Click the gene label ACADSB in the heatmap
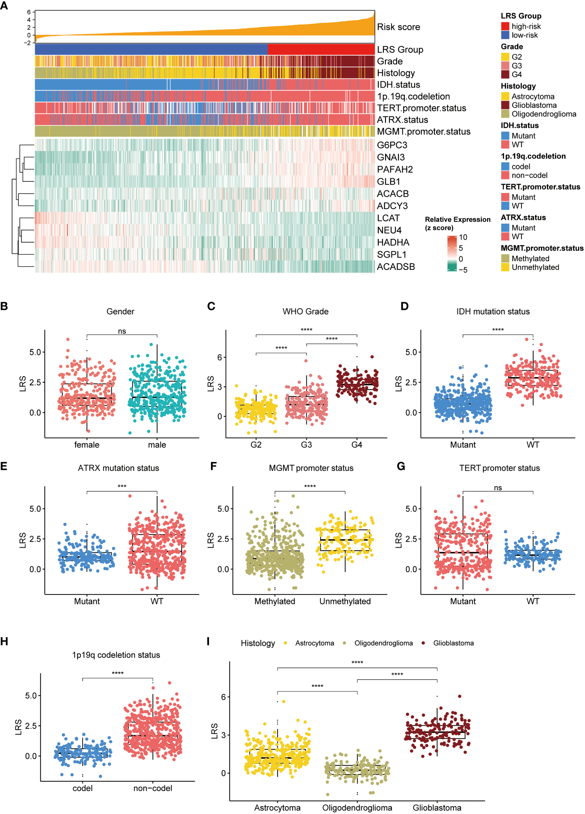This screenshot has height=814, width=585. click(x=395, y=267)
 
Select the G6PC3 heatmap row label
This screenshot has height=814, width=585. click(x=392, y=145)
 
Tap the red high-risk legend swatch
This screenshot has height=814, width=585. click(x=505, y=26)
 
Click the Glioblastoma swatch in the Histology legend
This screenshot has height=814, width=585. click(x=505, y=105)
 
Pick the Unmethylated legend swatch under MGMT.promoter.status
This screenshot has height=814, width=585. click(x=505, y=267)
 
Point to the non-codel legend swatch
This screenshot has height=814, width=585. click(x=505, y=176)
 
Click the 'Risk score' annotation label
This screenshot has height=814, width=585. click(x=398, y=27)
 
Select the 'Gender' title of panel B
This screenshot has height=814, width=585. click(x=120, y=311)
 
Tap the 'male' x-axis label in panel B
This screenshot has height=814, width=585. click(x=157, y=445)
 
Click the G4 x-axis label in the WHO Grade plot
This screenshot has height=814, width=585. click(x=357, y=445)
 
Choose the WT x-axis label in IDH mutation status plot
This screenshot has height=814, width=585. click(x=533, y=445)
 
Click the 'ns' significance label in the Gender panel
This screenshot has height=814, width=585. click(x=122, y=331)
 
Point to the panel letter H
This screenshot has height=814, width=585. click(x=4, y=642)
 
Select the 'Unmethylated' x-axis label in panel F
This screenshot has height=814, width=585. click(x=345, y=601)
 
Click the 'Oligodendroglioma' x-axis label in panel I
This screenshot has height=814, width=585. click(x=357, y=808)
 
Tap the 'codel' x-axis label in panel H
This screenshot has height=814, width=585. click(x=83, y=788)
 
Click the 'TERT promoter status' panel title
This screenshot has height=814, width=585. click(x=499, y=468)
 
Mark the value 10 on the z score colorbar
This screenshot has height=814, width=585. click(x=463, y=237)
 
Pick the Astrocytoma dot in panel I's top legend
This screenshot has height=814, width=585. click(x=286, y=643)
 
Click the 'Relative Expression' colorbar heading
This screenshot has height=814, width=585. click(x=457, y=220)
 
